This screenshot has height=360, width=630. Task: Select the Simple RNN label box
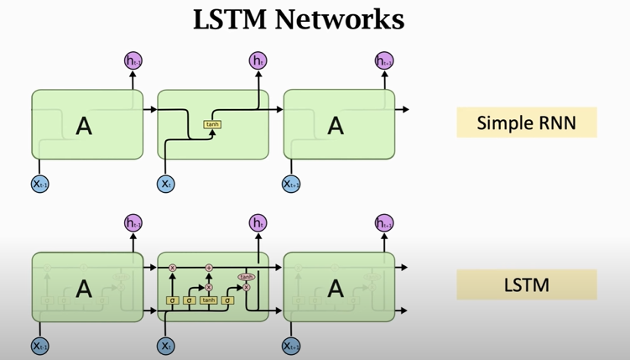pyautogui.click(x=526, y=123)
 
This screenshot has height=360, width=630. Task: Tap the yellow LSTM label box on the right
pyautogui.click(x=526, y=284)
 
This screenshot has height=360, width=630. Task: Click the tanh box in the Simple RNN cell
pyautogui.click(x=212, y=125)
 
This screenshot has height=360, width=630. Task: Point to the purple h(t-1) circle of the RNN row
pyautogui.click(x=133, y=60)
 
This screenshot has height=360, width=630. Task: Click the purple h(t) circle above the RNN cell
pyautogui.click(x=258, y=60)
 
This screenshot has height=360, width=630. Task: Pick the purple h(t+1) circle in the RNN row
pyautogui.click(x=383, y=60)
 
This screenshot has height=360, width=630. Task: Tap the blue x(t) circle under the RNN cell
pyautogui.click(x=165, y=183)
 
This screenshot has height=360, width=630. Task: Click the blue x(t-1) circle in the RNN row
pyautogui.click(x=39, y=183)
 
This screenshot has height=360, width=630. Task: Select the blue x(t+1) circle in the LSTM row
pyautogui.click(x=291, y=345)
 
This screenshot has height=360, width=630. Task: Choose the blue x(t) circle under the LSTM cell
pyautogui.click(x=165, y=345)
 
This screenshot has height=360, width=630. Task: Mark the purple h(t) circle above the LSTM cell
pyautogui.click(x=258, y=222)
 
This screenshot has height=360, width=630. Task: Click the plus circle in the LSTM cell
pyautogui.click(x=210, y=268)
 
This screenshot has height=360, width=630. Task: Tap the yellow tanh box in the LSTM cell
pyautogui.click(x=208, y=300)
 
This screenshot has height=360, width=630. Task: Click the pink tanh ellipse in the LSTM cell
pyautogui.click(x=247, y=276)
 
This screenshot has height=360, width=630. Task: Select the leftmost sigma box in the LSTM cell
pyautogui.click(x=172, y=300)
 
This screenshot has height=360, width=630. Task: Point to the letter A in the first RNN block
pyautogui.click(x=84, y=126)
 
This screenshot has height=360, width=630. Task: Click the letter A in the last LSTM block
pyautogui.click(x=336, y=289)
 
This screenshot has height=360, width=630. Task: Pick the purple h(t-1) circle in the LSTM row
pyautogui.click(x=133, y=222)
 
